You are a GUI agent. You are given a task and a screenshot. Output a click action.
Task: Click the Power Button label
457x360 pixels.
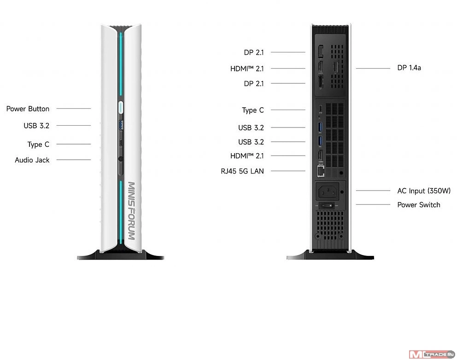[28, 109]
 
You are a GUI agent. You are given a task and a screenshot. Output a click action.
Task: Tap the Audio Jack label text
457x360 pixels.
[32, 160]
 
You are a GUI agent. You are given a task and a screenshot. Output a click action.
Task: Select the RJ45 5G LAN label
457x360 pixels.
[242, 171]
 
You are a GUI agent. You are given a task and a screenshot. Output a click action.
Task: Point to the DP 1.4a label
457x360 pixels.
[409, 68]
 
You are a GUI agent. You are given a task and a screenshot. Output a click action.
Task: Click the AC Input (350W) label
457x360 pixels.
[424, 191]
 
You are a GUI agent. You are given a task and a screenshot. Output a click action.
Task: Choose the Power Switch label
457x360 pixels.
[418, 205]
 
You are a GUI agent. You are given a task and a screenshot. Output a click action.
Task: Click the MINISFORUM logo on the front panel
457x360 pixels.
[131, 210]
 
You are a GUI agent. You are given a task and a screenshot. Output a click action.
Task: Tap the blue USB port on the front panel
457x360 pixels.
[121, 124]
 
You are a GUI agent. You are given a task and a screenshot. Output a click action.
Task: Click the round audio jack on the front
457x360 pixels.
[121, 160]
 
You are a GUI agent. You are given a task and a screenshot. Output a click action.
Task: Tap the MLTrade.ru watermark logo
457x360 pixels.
[431, 354]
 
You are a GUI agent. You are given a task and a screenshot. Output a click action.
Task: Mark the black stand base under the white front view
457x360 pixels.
[121, 255]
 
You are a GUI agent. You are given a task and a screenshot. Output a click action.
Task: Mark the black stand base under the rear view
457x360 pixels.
[330, 255]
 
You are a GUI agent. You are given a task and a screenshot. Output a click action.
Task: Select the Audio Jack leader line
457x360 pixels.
[73, 160]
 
